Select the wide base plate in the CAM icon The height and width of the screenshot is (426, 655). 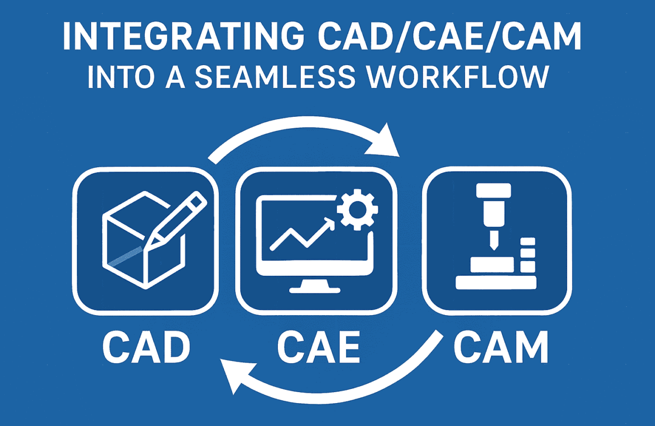496,282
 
